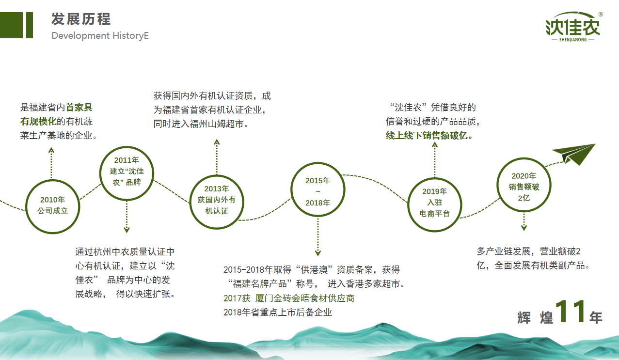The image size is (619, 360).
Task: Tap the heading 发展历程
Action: [x=81, y=19]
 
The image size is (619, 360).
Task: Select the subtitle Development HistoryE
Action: [x=100, y=36]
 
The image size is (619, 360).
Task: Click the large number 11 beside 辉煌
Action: [x=570, y=312]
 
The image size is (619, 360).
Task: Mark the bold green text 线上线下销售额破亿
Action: [x=429, y=136]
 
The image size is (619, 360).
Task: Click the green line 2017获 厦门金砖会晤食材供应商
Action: [x=289, y=298]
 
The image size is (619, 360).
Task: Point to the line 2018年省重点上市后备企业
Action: [x=278, y=313]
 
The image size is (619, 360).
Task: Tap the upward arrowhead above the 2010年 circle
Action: [x=51, y=150]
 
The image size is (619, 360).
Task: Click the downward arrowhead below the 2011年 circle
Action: [x=127, y=230]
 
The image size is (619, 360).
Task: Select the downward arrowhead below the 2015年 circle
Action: [x=318, y=252]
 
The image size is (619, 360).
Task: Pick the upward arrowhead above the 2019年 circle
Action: [x=435, y=145]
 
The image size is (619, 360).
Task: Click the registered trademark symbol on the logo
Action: [x=601, y=15]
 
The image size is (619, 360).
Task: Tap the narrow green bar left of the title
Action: [x=30, y=25]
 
